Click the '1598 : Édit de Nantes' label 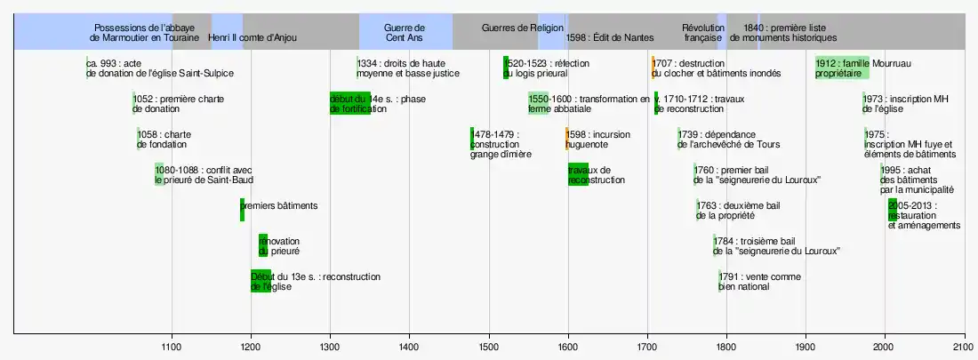tap(610, 38)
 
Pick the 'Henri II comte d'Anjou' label tap(253, 38)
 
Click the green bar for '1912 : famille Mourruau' tap(842, 68)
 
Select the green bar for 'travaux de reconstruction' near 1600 tap(578, 174)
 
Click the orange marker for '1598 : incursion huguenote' tap(567, 139)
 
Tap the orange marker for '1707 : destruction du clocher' tap(653, 68)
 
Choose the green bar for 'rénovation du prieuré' tap(263, 245)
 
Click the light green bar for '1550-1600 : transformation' tap(538, 103)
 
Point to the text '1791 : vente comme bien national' tap(753, 281)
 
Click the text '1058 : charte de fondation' tap(164, 139)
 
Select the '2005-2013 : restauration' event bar tap(894, 210)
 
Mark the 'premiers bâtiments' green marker tap(242, 210)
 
